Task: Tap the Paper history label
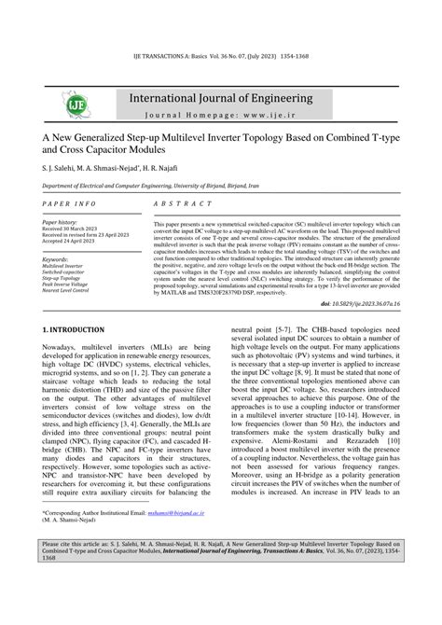(60, 223)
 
